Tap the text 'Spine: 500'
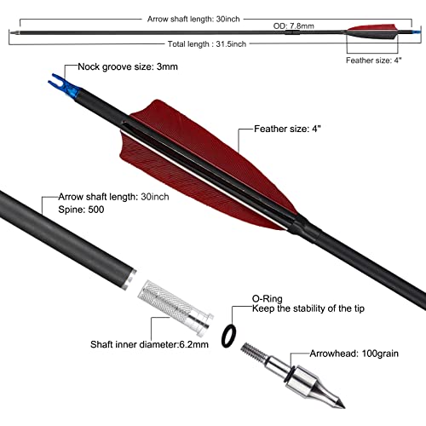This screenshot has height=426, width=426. click(x=81, y=209)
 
